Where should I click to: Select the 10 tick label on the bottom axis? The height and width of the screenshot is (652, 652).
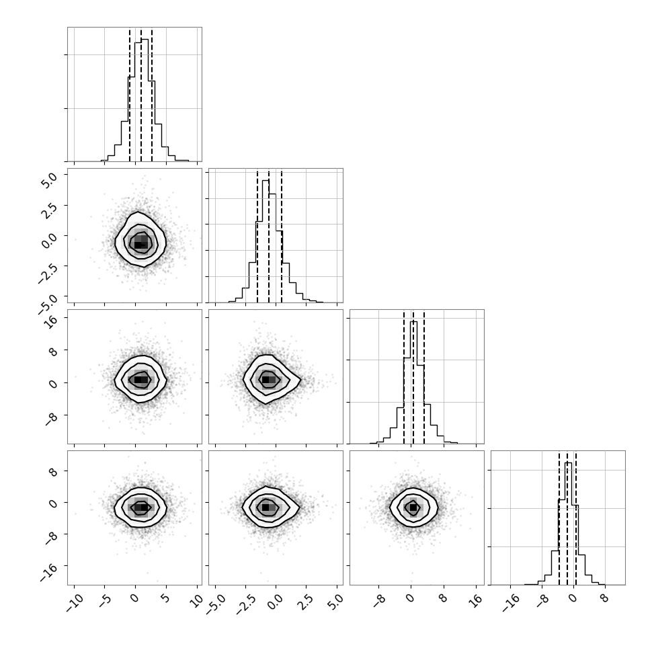(x=196, y=600)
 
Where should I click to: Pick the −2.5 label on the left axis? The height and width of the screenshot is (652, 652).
(x=47, y=273)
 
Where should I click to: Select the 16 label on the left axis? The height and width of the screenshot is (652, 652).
(x=52, y=322)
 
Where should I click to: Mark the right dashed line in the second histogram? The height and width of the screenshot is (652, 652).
(x=282, y=236)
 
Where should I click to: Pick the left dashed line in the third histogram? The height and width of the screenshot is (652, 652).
(x=404, y=377)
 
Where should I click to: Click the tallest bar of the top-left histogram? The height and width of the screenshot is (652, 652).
(x=145, y=99)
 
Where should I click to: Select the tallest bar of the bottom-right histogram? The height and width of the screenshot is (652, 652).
(x=569, y=524)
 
